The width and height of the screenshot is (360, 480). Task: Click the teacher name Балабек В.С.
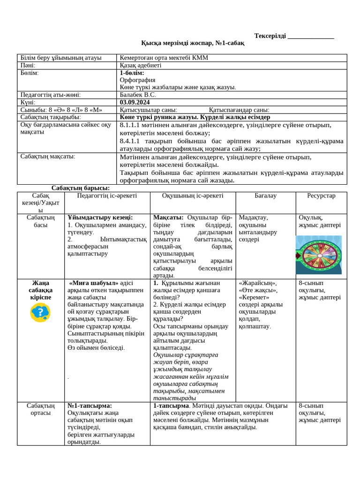point(138,95)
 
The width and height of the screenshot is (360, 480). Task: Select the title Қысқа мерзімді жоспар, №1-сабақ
point(193,43)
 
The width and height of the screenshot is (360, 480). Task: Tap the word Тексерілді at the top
point(270,36)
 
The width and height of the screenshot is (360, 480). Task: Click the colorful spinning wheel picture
point(318,255)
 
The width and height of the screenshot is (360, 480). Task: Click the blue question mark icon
point(40,312)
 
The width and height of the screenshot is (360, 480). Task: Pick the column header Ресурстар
point(321,196)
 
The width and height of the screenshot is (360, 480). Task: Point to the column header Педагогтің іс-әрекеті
point(107,196)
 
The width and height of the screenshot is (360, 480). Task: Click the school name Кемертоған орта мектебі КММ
point(164,58)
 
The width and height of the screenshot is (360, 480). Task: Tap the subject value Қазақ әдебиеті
point(141,66)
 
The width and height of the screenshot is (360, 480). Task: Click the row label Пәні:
point(28,66)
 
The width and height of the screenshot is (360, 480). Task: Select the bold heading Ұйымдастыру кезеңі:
point(100,217)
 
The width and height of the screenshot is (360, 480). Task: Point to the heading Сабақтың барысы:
point(81,188)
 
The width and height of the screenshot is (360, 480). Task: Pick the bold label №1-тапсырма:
point(90,405)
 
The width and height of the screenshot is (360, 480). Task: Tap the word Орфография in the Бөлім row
point(137,80)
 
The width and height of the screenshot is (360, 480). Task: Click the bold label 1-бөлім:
point(132,73)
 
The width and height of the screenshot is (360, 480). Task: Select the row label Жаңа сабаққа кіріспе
point(41,290)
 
